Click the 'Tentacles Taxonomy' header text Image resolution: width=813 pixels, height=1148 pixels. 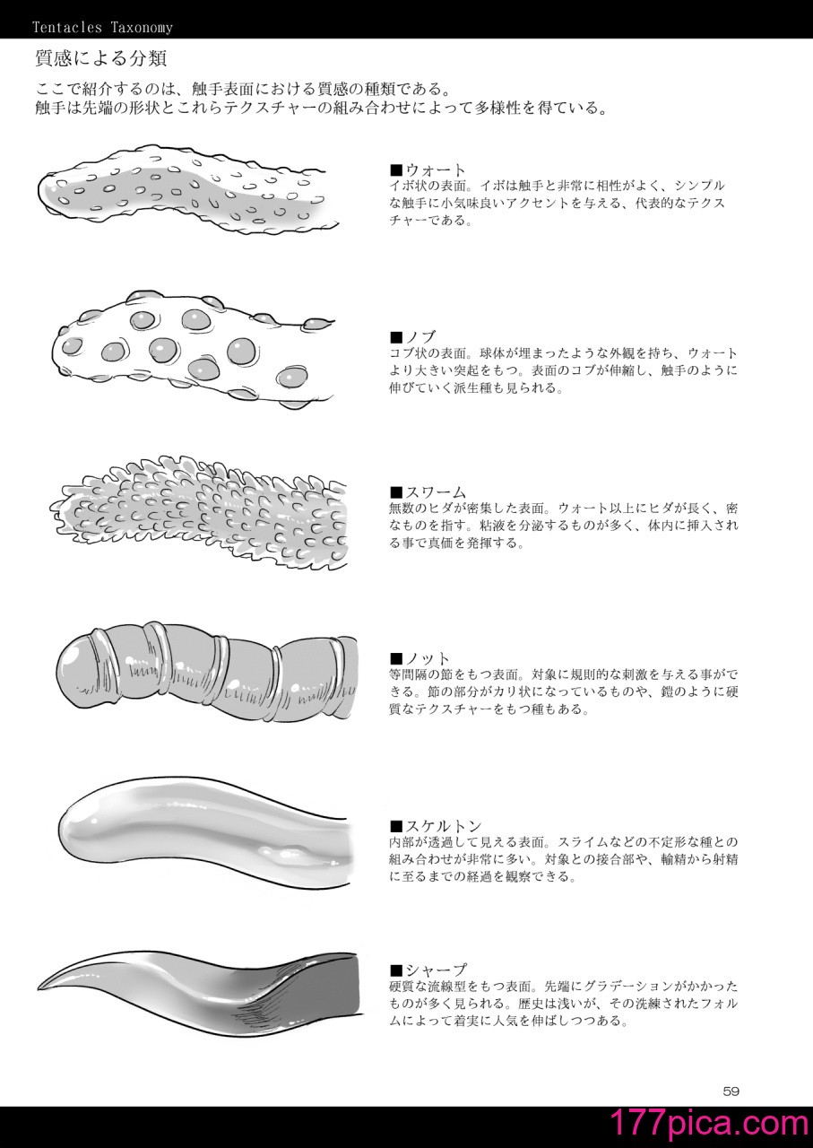pyautogui.click(x=102, y=27)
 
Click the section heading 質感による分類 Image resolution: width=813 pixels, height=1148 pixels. pyautogui.click(x=101, y=58)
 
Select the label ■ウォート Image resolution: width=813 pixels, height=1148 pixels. pyautogui.click(x=428, y=170)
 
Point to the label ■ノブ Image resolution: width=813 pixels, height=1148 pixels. pyautogui.click(x=412, y=337)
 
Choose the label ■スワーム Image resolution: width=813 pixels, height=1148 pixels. pyautogui.click(x=428, y=492)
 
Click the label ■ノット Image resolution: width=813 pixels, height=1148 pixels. pyautogui.click(x=420, y=658)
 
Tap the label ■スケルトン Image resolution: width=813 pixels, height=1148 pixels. pyautogui.click(x=436, y=826)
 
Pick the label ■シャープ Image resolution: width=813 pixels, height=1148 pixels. pyautogui.click(x=428, y=970)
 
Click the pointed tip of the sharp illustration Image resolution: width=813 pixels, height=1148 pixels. pyautogui.click(x=39, y=987)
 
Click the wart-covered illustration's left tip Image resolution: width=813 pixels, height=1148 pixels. pyautogui.click(x=40, y=190)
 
